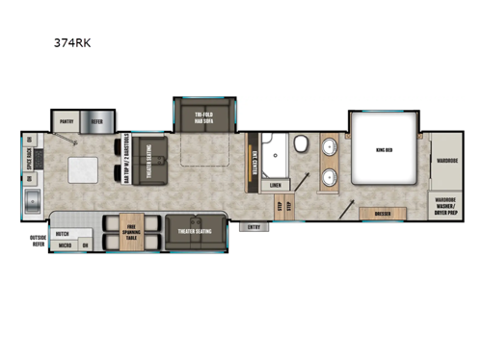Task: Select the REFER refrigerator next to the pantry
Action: tap(96, 122)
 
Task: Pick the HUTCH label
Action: tap(62, 233)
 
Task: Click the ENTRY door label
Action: tap(254, 227)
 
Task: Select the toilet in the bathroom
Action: tap(300, 145)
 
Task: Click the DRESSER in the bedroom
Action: tap(374, 213)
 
